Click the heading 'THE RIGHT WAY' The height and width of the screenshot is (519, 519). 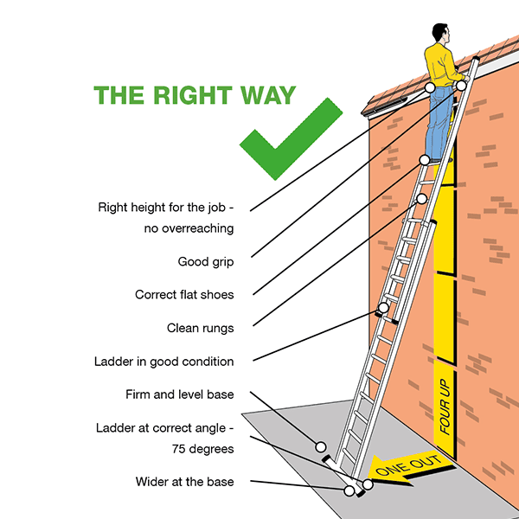(194, 95)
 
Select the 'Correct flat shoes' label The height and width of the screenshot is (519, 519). (184, 294)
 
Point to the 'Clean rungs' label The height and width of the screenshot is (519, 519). (200, 328)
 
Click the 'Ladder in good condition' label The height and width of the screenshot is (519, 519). (163, 362)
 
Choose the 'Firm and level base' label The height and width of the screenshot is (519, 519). (179, 395)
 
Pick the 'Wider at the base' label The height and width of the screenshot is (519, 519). (184, 481)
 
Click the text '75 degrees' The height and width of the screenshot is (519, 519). (204, 449)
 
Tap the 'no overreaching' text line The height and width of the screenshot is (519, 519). (189, 229)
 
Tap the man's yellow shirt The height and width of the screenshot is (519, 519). (444, 67)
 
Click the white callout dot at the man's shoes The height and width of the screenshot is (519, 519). (425, 160)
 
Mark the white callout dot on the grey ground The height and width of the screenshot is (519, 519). (321, 447)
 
